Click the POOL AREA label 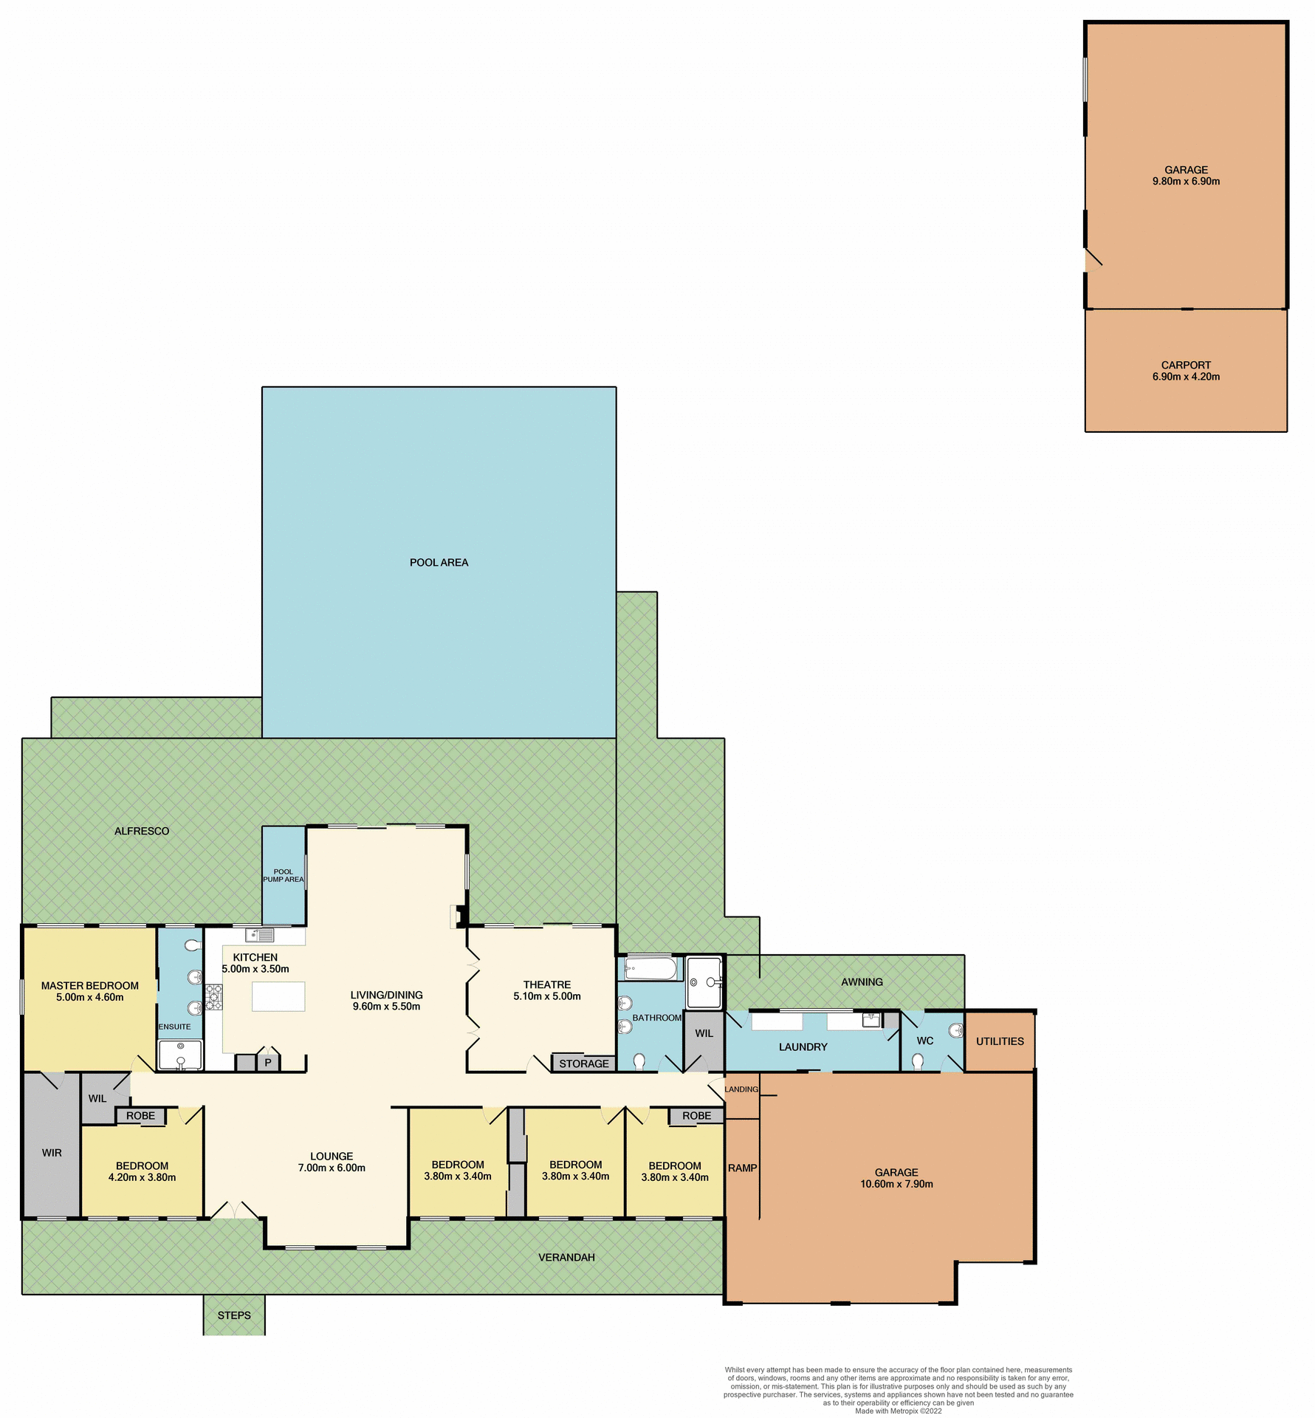point(439,562)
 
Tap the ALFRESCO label point(142,831)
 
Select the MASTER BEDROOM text point(90,985)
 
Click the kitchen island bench point(278,996)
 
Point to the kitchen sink point(260,935)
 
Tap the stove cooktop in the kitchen point(213,997)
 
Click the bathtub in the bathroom point(650,968)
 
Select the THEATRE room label point(547,984)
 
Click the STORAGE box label point(584,1063)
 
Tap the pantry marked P point(268,1063)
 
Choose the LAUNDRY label point(803,1047)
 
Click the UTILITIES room point(1000,1041)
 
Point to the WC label point(925,1041)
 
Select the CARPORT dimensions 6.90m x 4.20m point(1186,377)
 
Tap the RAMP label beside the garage point(742,1168)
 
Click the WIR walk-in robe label point(52,1152)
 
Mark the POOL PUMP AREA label point(284,875)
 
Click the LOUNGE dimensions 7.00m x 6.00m point(332,1168)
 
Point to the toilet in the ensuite point(192,945)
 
